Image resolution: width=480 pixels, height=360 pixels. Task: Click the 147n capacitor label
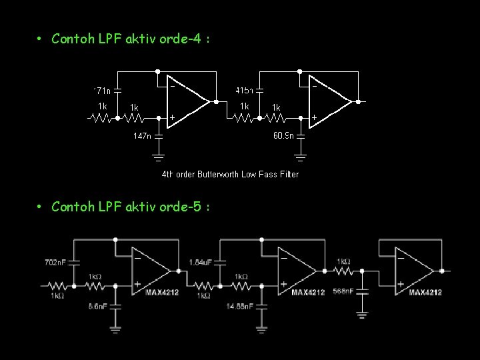(x=141, y=136)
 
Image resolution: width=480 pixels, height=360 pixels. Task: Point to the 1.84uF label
(x=200, y=262)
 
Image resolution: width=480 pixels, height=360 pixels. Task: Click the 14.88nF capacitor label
(x=240, y=306)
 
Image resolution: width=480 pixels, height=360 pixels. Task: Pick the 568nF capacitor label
(x=343, y=291)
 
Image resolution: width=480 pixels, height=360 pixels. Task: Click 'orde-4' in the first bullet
(x=185, y=39)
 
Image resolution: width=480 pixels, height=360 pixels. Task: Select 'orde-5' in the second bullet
(x=185, y=207)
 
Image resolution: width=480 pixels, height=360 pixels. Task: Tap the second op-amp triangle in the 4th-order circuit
(x=330, y=102)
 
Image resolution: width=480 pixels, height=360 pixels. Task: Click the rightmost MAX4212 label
(x=425, y=292)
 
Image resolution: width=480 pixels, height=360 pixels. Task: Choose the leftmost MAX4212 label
(x=162, y=292)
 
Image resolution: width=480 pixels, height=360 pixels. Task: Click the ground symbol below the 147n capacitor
(x=159, y=158)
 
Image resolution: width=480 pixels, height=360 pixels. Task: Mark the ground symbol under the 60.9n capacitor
(x=301, y=158)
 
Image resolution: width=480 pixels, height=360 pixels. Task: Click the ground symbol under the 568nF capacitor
(x=363, y=313)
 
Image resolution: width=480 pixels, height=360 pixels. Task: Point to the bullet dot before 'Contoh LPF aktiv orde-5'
(x=40, y=207)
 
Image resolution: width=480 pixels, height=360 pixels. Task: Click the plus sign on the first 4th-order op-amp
(x=172, y=117)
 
